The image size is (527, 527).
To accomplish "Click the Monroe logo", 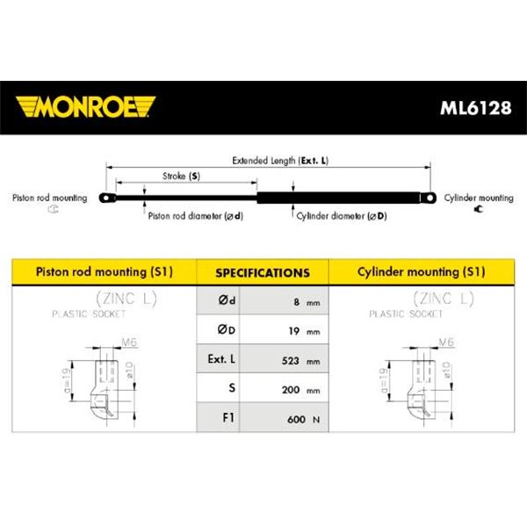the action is click(85, 107).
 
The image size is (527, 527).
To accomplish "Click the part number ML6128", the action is click(475, 108).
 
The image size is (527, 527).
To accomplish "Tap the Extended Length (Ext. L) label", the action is click(280, 161).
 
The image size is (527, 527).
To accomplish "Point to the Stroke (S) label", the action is click(181, 176).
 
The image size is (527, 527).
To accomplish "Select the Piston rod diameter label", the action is click(195, 216).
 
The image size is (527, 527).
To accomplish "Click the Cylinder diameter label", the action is click(342, 216).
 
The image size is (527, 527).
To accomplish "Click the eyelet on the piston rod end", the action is click(107, 198).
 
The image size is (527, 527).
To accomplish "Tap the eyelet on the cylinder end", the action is click(429, 198).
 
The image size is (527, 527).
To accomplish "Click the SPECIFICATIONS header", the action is click(263, 272).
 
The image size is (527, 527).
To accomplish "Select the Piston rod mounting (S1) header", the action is click(105, 271).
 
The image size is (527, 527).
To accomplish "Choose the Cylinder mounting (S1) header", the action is click(421, 271).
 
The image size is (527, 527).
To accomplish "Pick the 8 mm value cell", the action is click(284, 300).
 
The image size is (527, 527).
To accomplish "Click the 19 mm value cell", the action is click(284, 329).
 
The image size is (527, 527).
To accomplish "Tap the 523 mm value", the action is click(300, 361).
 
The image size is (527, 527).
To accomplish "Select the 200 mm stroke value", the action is click(300, 390).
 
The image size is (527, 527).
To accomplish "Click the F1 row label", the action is click(228, 417).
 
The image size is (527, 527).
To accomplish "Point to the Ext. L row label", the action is click(221, 359).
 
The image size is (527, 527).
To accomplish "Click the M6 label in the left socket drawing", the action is click(129, 343).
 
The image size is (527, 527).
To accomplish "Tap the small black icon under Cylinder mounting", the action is click(479, 209).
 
